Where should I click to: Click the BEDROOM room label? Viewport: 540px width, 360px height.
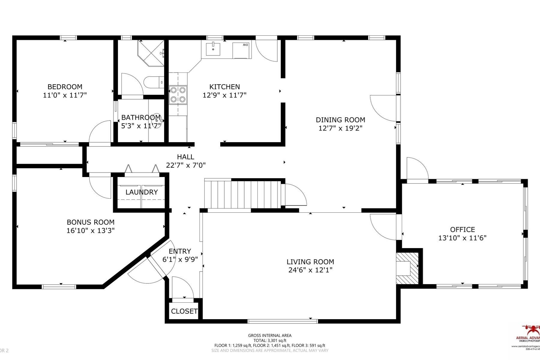pyautogui.click(x=65, y=87)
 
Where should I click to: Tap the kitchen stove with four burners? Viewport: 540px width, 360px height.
pyautogui.click(x=178, y=94)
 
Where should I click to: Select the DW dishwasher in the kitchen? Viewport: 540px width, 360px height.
pyautogui.click(x=242, y=50)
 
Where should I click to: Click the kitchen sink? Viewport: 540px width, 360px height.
pyautogui.click(x=213, y=49)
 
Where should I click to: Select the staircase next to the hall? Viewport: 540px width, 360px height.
pyautogui.click(x=242, y=194)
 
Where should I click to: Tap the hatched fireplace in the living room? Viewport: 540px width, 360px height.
pyautogui.click(x=407, y=268)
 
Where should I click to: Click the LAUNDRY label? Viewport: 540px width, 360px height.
pyautogui.click(x=142, y=192)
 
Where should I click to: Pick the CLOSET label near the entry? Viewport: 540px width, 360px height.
pyautogui.click(x=184, y=311)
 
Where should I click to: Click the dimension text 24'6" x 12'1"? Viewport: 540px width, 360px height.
pyautogui.click(x=310, y=270)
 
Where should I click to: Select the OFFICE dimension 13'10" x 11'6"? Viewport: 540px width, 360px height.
pyautogui.click(x=462, y=238)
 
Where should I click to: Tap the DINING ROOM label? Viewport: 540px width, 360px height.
pyautogui.click(x=340, y=120)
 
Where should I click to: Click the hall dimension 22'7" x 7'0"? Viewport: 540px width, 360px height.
pyautogui.click(x=186, y=165)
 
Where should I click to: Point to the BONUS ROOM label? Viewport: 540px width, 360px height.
pyautogui.click(x=91, y=222)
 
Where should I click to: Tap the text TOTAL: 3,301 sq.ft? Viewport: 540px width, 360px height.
pyautogui.click(x=269, y=340)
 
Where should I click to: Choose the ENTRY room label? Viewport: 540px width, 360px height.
pyautogui.click(x=180, y=251)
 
